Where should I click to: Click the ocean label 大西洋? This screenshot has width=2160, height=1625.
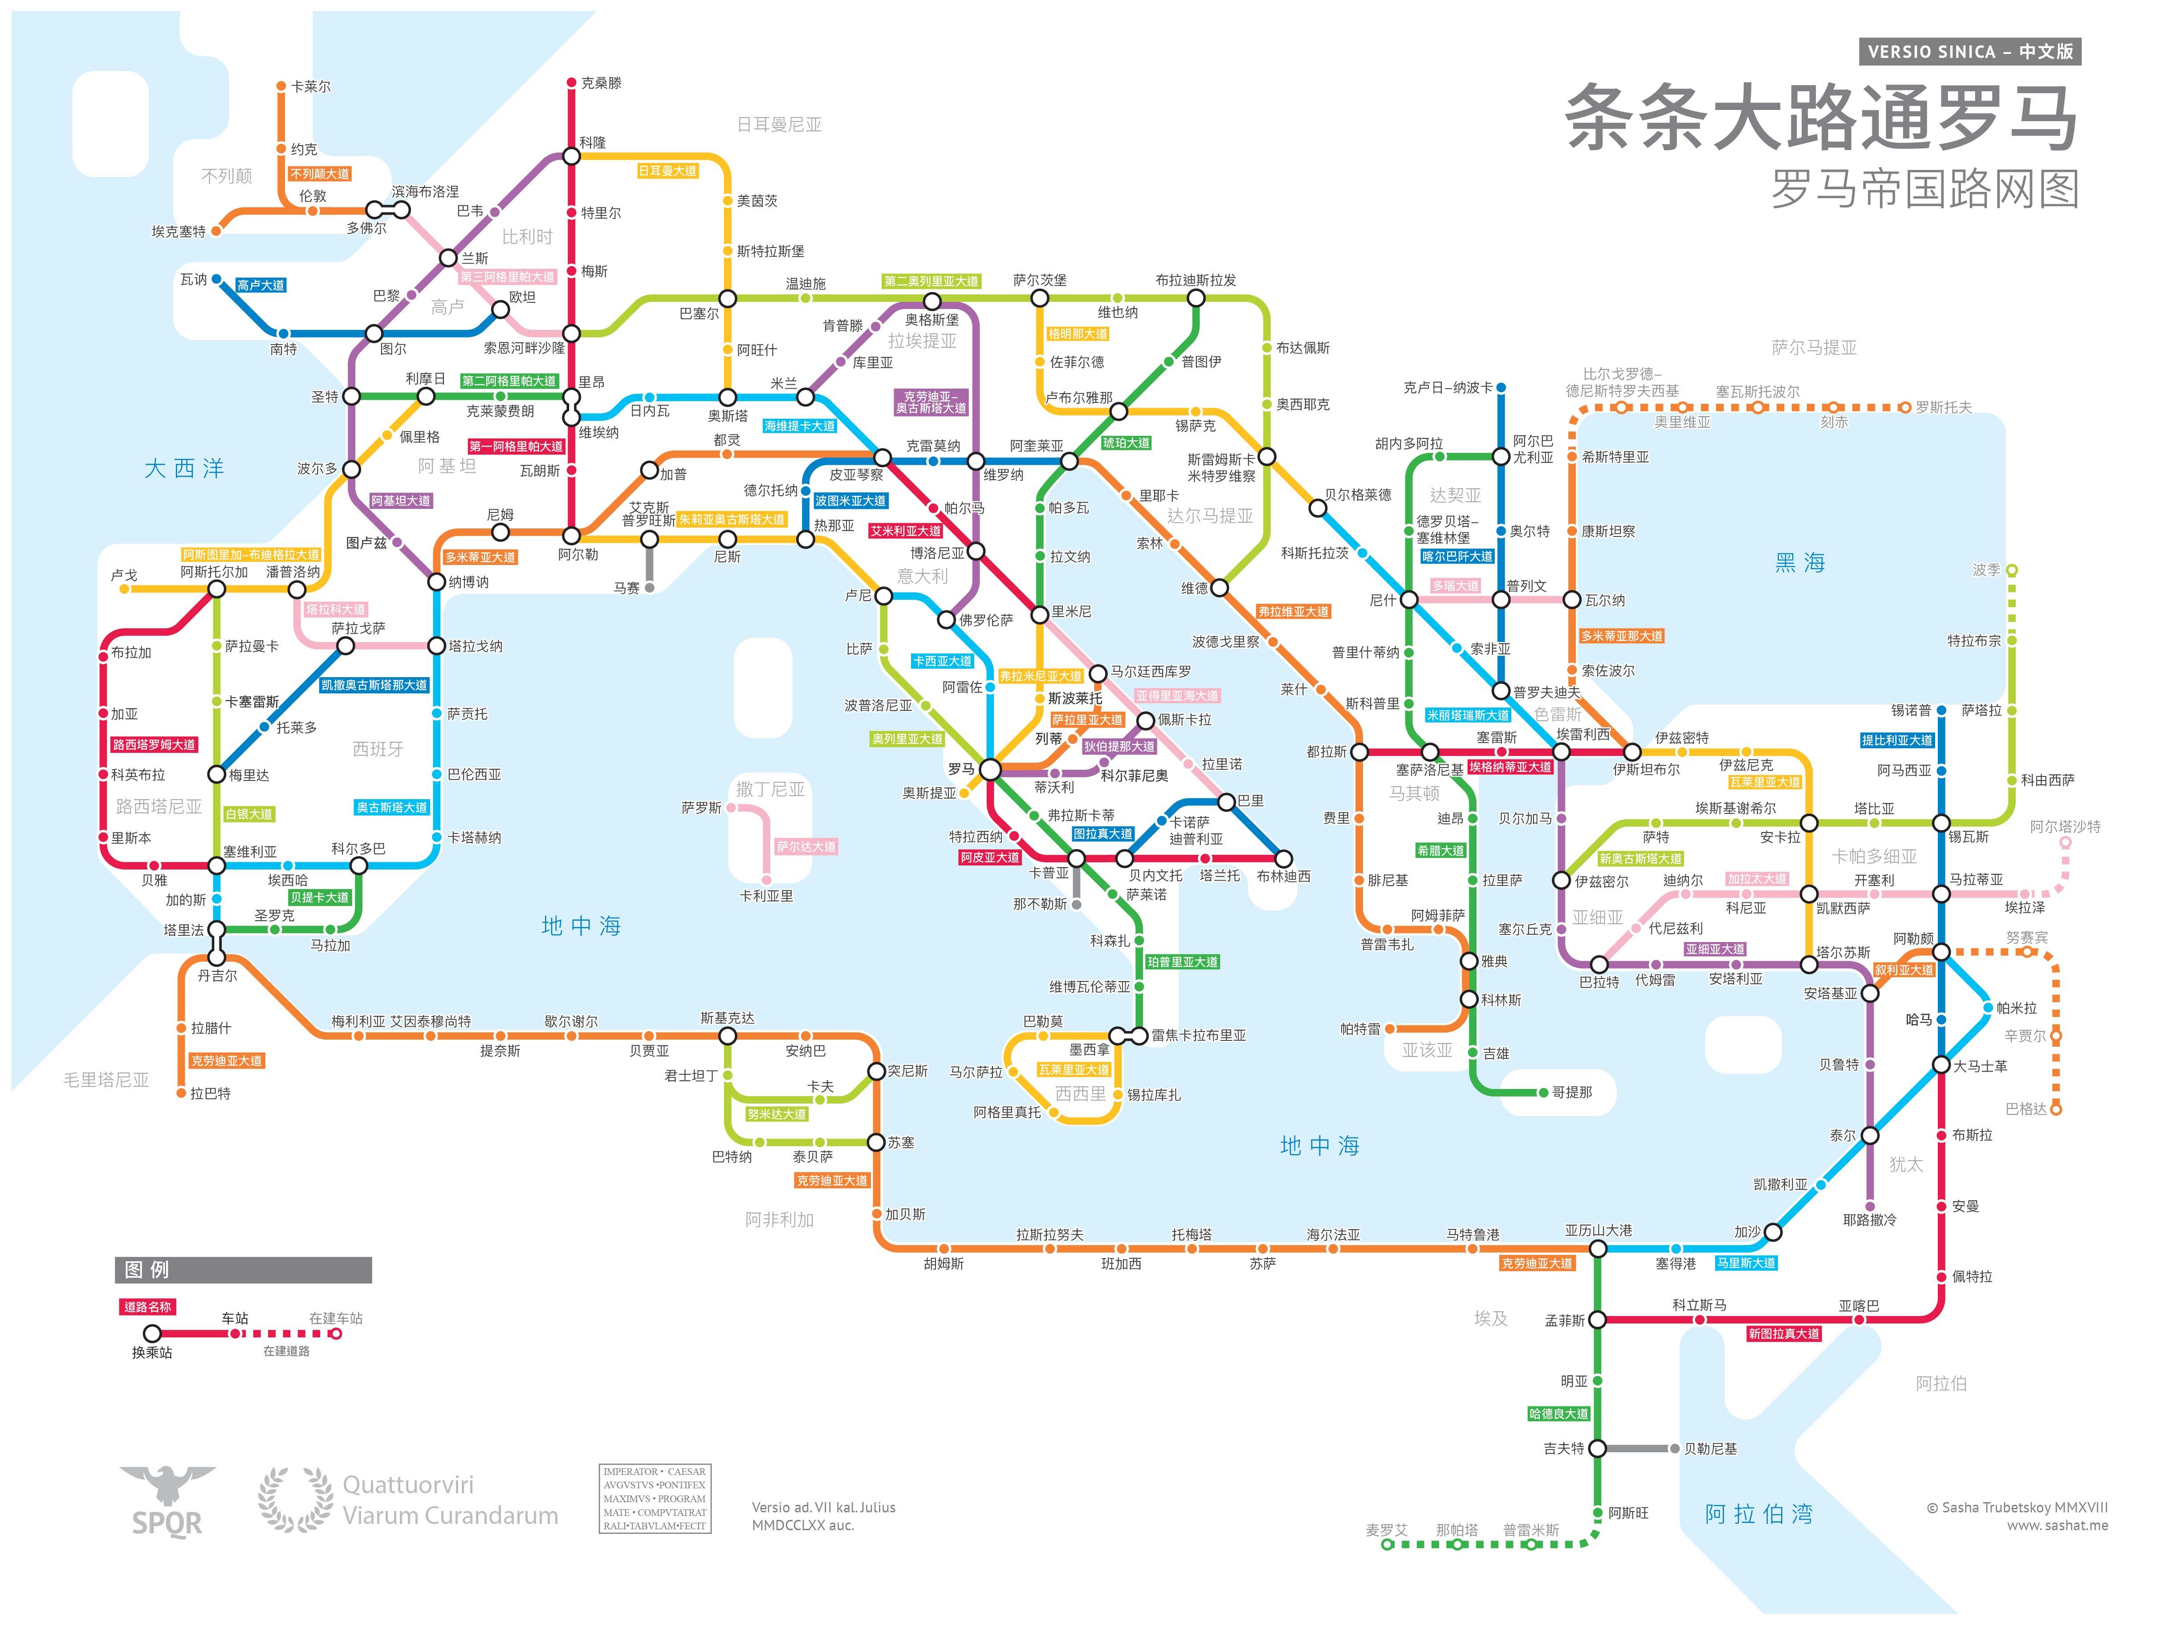184,469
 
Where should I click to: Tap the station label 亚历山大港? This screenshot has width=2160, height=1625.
1599,1231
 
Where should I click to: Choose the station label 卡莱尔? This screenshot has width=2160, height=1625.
310,86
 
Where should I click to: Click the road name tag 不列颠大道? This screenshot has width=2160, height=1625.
319,174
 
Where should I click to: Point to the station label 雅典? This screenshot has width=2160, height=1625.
1494,961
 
